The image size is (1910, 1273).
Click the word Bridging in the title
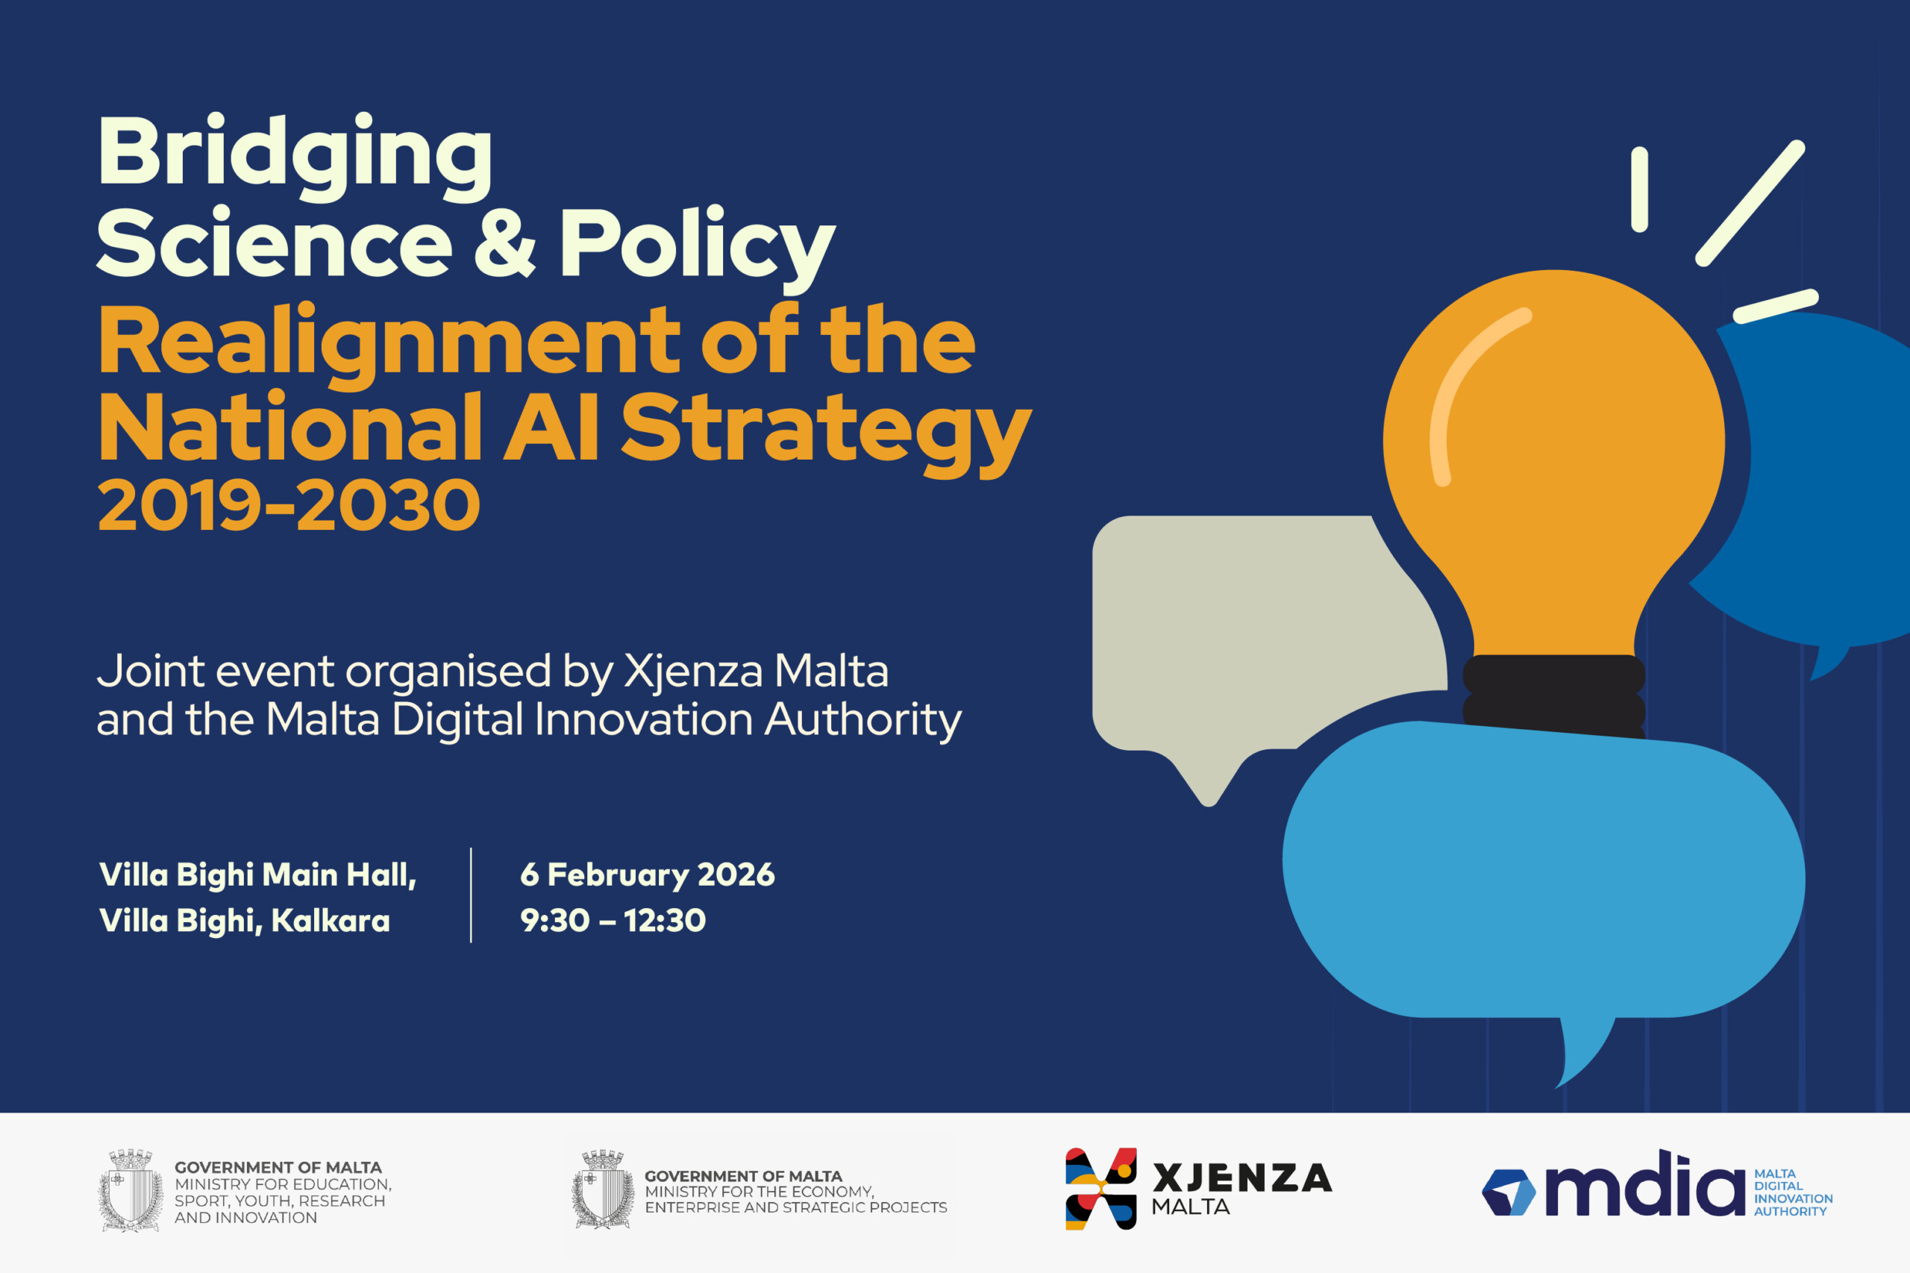295,156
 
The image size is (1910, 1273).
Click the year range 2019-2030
289,505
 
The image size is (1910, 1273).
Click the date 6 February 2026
647,875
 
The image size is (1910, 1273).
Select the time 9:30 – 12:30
613,920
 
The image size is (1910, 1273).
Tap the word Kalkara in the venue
331,920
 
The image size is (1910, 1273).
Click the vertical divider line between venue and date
471,895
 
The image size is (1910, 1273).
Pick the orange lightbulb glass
1553,454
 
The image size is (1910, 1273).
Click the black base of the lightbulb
1553,694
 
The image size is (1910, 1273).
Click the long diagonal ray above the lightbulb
1750,203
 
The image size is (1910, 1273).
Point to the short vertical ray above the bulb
1640,190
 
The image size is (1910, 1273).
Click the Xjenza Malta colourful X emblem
1100,1189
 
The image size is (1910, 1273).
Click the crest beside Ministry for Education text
131,1190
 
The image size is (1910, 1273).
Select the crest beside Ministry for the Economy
602,1189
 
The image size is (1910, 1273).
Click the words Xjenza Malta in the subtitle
756,672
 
